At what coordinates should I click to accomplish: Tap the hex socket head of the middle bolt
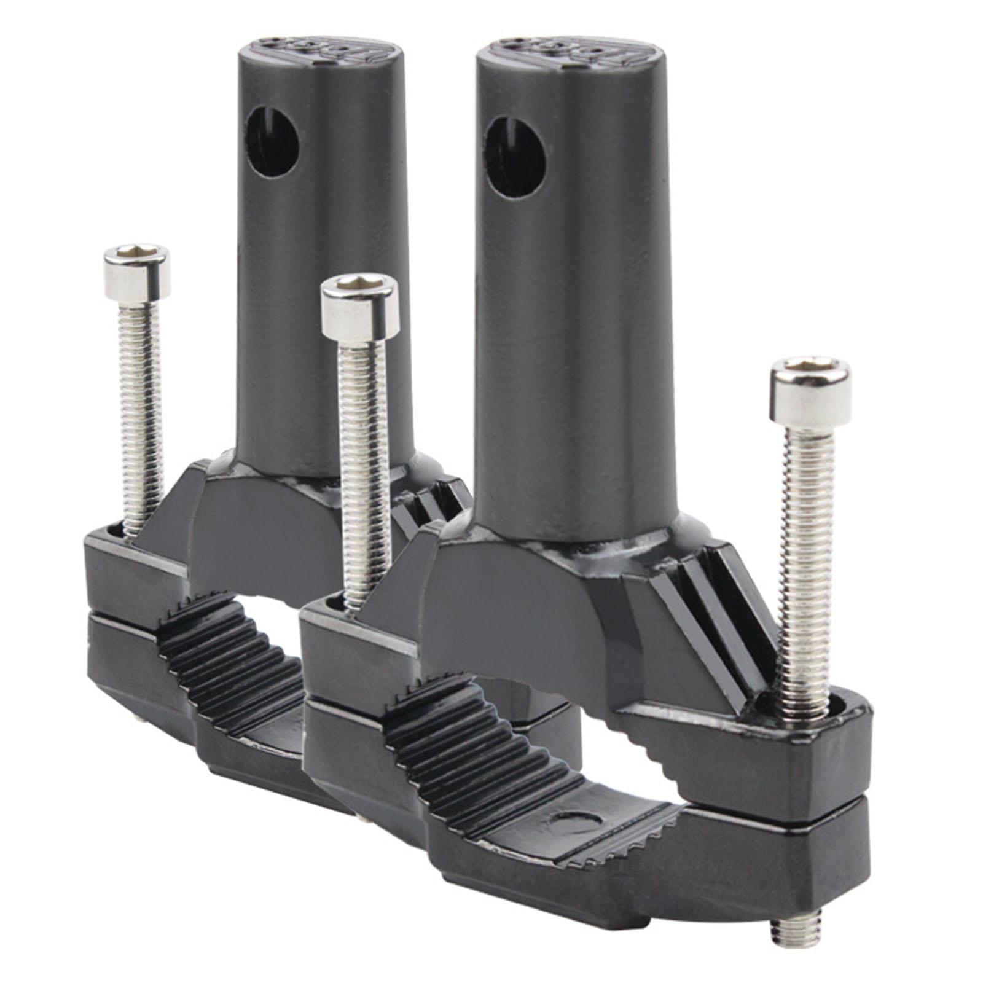[x=361, y=304]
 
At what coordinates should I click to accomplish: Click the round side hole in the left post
[x=273, y=143]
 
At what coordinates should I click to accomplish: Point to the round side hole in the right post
[x=516, y=156]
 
